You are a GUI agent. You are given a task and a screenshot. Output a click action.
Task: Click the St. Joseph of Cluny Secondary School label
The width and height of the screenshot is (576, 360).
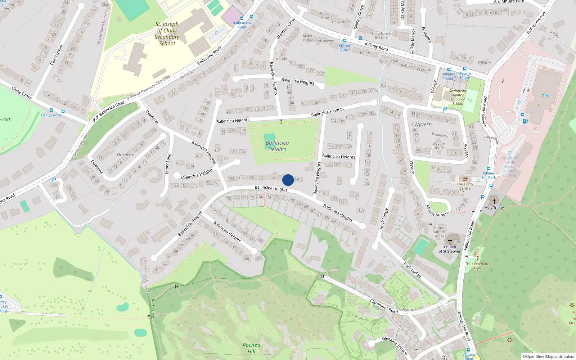pos(167,34)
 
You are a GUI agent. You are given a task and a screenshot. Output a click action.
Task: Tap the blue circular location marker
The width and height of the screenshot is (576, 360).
pos(288,180)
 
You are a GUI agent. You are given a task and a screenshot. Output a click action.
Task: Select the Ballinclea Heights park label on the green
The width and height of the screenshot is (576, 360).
pos(277,146)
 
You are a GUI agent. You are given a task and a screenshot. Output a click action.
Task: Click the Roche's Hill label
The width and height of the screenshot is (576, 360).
pos(251,348)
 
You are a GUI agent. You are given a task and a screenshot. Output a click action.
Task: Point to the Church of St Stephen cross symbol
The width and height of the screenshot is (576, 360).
pos(450,241)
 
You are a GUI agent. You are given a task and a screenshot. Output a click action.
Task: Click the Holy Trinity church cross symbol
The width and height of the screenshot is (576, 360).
pos(494,201)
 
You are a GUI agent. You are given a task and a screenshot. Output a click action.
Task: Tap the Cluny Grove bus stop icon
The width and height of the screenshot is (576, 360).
pos(51,110)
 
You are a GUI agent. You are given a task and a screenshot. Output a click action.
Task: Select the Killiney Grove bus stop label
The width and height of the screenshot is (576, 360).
pos(345,48)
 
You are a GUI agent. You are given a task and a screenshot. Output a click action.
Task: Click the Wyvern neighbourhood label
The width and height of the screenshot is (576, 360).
pos(423,124)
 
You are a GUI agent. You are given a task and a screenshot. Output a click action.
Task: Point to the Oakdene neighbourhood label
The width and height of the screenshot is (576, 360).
pos(125,155)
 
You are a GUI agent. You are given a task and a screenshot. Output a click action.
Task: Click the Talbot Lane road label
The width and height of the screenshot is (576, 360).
pos(168,164)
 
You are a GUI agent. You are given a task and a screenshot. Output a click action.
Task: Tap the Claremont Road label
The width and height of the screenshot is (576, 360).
pos(384,306)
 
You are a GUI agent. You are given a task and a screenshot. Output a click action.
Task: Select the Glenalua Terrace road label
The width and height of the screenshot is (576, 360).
pos(395,346)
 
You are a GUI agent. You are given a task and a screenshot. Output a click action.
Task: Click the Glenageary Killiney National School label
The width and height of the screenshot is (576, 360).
pos(458,97)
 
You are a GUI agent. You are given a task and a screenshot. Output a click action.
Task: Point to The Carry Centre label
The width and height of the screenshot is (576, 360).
pos(465,186)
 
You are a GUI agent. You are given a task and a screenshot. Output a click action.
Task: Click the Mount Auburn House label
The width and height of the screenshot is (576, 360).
pos(439,232)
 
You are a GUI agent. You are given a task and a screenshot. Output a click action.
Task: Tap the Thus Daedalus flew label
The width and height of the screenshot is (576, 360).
pos(477,266)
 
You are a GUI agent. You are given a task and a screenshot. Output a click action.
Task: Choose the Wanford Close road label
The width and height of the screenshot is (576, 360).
pos(286,28)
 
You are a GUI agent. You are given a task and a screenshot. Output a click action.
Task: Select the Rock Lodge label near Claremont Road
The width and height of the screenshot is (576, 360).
pos(412,270)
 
